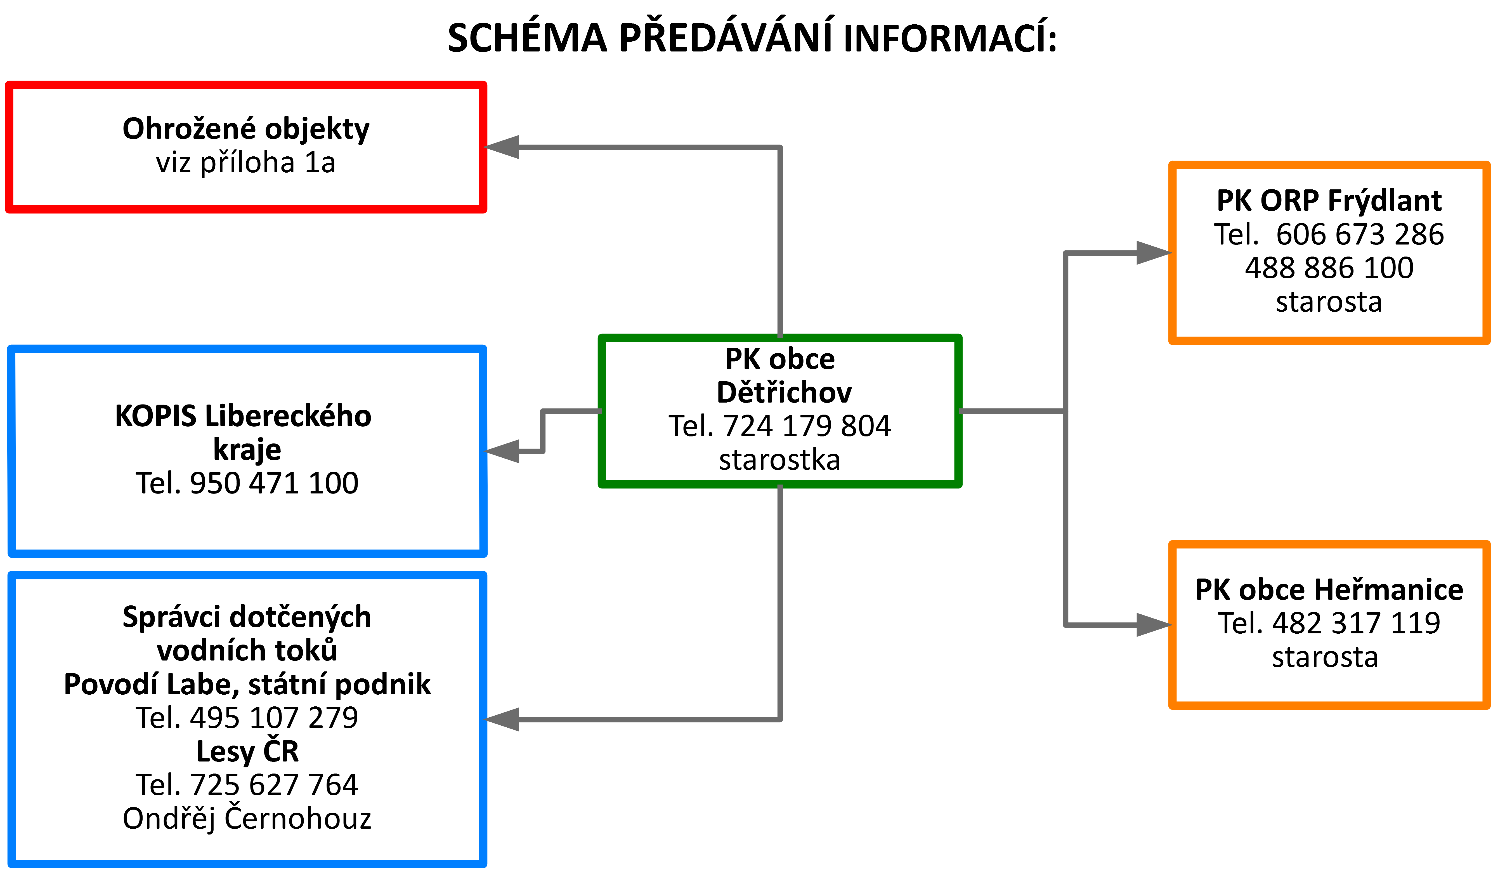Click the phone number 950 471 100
pos(274,483)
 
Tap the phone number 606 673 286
pos(1360,234)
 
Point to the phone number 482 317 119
pos(1356,623)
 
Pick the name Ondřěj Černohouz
pos(247,818)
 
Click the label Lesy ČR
pos(247,751)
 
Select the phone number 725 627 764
pos(274,785)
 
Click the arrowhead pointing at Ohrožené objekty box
pos(502,147)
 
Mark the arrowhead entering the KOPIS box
pos(502,451)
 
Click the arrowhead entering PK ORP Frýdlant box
pos(1154,253)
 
